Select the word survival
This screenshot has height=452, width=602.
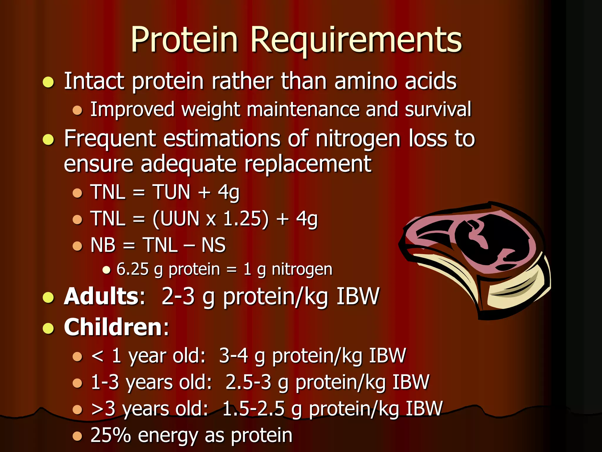(438, 109)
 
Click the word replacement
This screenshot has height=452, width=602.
(308, 164)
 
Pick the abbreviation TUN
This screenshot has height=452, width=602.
(171, 192)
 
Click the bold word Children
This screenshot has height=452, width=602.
(113, 327)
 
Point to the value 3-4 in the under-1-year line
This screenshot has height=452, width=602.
(234, 356)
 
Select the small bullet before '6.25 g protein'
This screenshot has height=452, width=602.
(106, 270)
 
